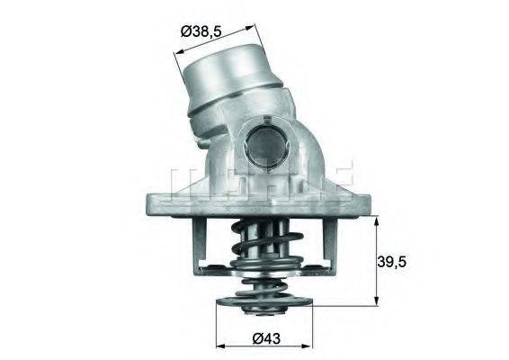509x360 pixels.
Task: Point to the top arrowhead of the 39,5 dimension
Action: click(x=376, y=217)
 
